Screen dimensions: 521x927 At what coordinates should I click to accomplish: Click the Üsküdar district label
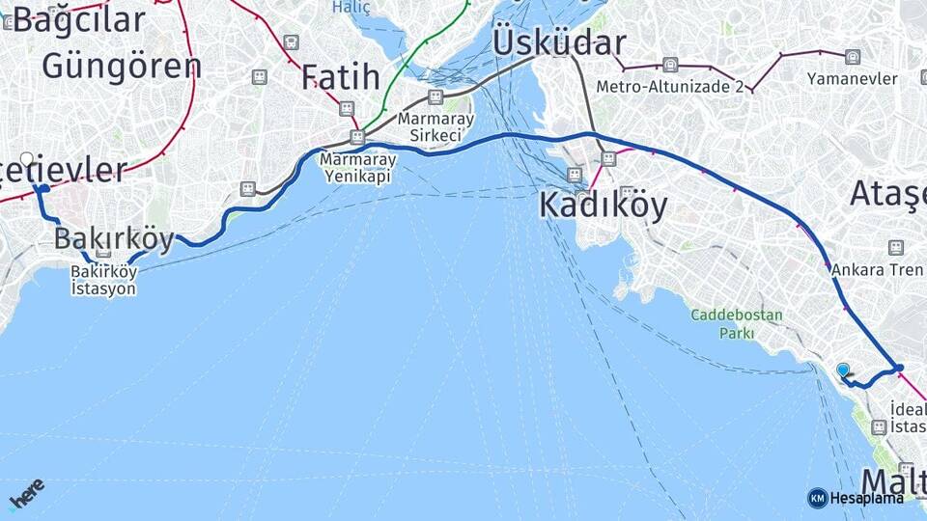(559, 43)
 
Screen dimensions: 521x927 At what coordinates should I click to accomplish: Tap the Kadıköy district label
(603, 205)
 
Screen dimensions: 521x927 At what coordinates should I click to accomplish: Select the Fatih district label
(339, 76)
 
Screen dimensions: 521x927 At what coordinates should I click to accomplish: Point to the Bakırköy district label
(114, 239)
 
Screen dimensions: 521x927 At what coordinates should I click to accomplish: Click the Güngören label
(122, 66)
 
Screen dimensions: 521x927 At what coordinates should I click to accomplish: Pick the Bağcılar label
(79, 19)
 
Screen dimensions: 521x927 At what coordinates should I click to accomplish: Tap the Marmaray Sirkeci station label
(435, 127)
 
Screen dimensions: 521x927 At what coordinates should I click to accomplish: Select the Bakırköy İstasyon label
(103, 281)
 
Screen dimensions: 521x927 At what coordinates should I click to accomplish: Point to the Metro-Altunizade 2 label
(669, 86)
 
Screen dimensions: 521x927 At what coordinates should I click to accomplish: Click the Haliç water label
(351, 7)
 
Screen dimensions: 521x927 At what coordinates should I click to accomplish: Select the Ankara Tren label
(877, 270)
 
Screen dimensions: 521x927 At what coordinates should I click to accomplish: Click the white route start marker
(27, 159)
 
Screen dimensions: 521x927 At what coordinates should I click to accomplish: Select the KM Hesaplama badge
(856, 498)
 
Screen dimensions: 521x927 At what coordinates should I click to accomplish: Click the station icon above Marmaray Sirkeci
(435, 96)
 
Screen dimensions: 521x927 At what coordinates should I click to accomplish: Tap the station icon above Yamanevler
(853, 57)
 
